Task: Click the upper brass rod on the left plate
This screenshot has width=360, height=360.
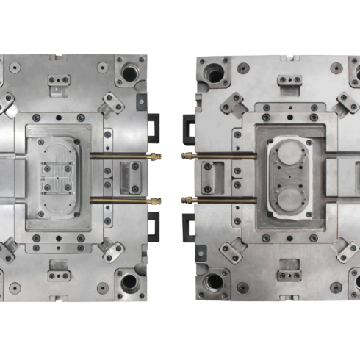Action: point(121,155)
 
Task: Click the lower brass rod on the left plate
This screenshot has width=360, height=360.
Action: point(121,199)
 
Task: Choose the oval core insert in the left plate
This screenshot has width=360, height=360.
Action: point(58,177)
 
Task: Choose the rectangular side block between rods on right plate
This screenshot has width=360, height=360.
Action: point(212,177)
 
